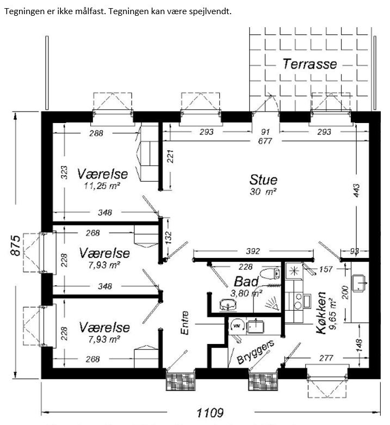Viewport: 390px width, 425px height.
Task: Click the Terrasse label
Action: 310,64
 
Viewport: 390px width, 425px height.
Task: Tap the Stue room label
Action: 263,180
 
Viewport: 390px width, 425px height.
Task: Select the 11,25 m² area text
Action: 102,186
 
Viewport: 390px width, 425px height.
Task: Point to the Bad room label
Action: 246,282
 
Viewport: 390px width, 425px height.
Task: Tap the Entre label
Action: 185,323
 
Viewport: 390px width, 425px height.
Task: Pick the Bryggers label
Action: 256,352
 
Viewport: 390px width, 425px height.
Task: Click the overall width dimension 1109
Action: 210,413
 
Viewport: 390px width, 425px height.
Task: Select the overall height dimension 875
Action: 16,245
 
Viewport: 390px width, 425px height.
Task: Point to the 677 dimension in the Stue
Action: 265,141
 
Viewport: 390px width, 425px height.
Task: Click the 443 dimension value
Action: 356,190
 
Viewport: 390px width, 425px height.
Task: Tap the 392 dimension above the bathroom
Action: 253,251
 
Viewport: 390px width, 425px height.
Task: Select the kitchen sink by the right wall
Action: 358,283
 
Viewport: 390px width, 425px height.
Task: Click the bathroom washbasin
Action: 228,305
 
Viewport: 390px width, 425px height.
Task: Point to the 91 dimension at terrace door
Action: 265,132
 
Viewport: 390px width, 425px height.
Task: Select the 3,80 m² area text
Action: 246,293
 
